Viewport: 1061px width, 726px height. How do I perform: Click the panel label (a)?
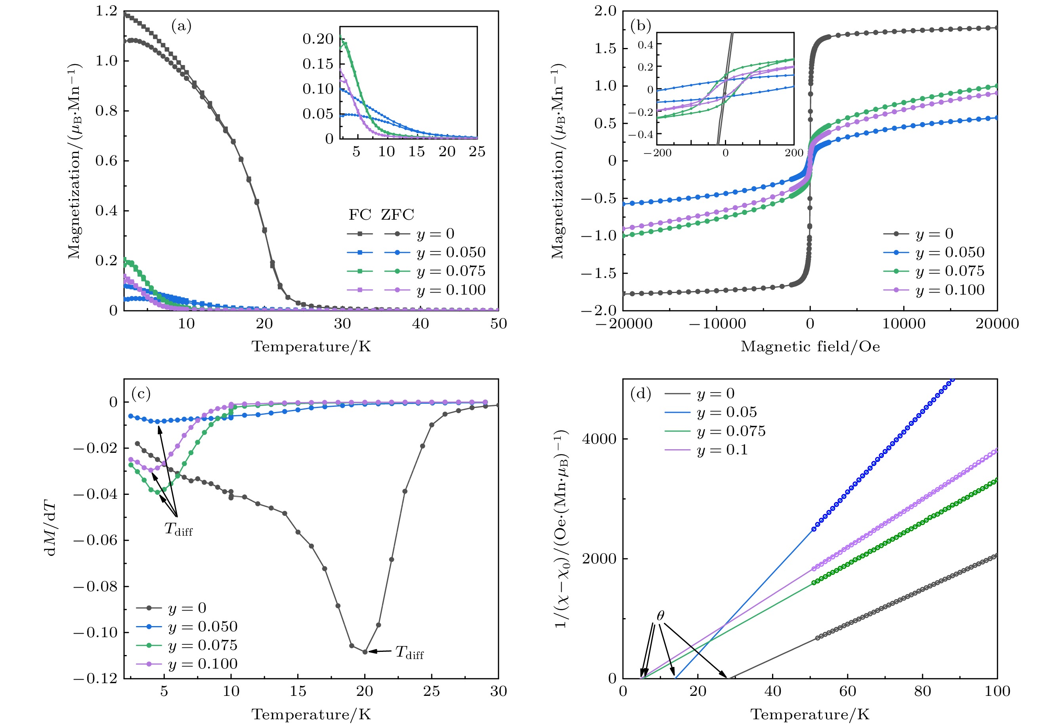pyautogui.click(x=181, y=26)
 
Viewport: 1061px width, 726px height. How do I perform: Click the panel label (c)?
pyautogui.click(x=141, y=394)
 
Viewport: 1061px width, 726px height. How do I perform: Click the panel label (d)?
pyautogui.click(x=640, y=394)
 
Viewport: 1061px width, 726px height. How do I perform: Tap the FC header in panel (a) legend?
pyautogui.click(x=360, y=215)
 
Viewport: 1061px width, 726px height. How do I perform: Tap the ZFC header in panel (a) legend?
pyautogui.click(x=397, y=215)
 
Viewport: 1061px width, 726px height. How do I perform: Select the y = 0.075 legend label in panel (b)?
pyautogui.click(x=950, y=271)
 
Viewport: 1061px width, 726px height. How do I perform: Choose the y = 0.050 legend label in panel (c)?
pyautogui.click(x=203, y=626)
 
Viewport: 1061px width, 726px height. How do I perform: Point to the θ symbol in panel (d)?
pyautogui.click(x=660, y=616)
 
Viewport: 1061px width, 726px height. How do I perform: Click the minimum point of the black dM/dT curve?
pyautogui.click(x=365, y=652)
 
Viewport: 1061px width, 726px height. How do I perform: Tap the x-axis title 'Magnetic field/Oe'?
pyautogui.click(x=810, y=347)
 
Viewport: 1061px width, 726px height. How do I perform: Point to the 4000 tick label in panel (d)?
pyautogui.click(x=599, y=439)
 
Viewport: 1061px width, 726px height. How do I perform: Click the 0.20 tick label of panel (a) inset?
pyautogui.click(x=318, y=39)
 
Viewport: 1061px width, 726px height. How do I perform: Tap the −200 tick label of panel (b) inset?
pyautogui.click(x=658, y=153)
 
